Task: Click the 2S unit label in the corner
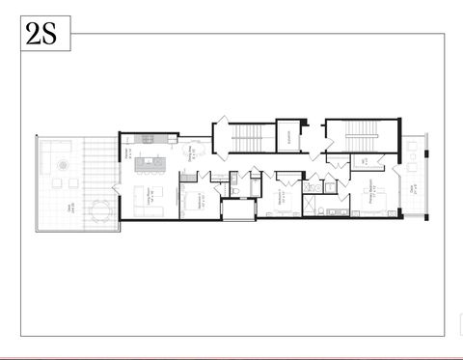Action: click(x=42, y=36)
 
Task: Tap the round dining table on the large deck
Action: click(x=99, y=209)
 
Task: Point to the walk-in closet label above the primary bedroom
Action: click(x=365, y=162)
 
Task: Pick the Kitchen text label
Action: click(x=127, y=151)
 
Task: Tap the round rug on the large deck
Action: click(x=67, y=181)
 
